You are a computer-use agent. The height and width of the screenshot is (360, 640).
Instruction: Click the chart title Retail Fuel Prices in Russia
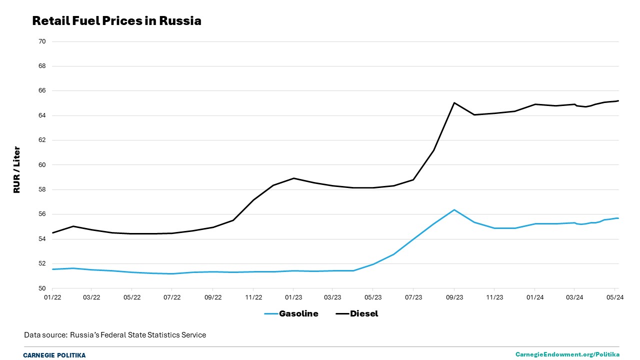[x=116, y=21]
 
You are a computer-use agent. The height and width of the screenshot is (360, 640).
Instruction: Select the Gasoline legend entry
[x=291, y=314]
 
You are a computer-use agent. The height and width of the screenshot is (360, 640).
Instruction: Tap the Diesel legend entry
[x=356, y=314]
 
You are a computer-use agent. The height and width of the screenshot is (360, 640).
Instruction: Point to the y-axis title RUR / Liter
[x=17, y=169]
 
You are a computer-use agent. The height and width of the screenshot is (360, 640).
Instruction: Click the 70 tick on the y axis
[x=41, y=41]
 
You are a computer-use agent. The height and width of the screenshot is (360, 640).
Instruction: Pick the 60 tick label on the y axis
[x=41, y=165]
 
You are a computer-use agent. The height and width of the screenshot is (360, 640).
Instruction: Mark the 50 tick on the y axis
[x=41, y=288]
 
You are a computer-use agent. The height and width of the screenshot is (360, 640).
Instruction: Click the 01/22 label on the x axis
[x=52, y=297]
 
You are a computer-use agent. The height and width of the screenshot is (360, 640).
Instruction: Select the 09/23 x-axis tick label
[x=454, y=297]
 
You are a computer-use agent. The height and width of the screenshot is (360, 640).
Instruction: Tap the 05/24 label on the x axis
[x=615, y=297]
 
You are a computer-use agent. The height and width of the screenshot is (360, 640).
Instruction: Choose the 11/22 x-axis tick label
[x=253, y=297]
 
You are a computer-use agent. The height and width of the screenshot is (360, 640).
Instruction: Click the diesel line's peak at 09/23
[x=454, y=102]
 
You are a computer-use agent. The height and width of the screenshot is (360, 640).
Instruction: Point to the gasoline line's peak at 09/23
[x=454, y=209]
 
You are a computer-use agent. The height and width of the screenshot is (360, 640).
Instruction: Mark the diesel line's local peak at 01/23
[x=293, y=178]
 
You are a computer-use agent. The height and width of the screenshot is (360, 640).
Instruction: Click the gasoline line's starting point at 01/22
[x=52, y=269]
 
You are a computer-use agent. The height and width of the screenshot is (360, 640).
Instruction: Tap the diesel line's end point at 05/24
[x=618, y=101]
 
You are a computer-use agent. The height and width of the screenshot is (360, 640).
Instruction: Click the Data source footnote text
[x=115, y=335]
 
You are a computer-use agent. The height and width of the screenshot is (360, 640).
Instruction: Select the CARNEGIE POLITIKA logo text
[x=54, y=355]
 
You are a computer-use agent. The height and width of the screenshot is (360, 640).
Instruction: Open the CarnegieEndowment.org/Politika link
[x=567, y=354]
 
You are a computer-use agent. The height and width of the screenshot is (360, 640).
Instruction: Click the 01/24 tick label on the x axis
[x=534, y=297]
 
